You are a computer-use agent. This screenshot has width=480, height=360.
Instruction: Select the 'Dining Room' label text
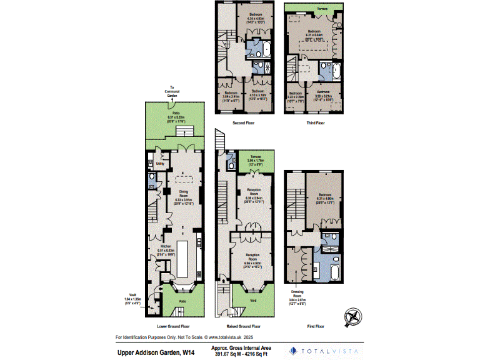(184, 192)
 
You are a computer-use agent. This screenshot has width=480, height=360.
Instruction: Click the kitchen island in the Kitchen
(186, 259)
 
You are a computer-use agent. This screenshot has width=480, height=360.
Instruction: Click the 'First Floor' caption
(316, 326)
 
